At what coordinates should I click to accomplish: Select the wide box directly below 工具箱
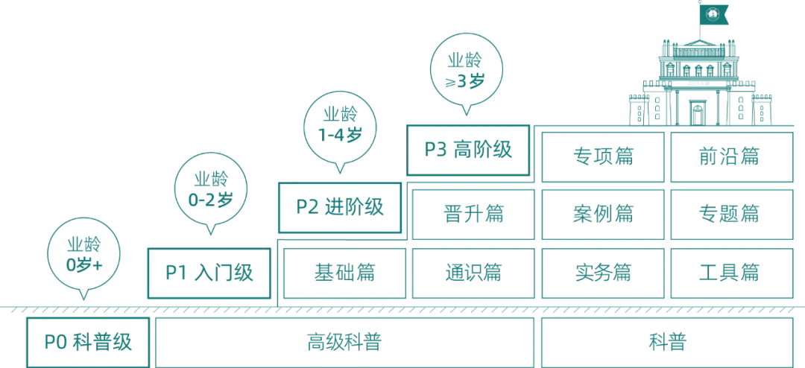(667, 343)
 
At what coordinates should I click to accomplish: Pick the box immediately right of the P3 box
(602, 156)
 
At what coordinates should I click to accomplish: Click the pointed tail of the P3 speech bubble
(467, 113)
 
